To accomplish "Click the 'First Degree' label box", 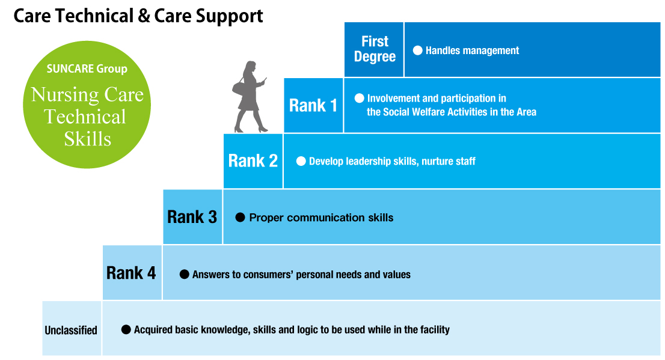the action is [x=374, y=49].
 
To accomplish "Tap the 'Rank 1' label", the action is [x=313, y=106].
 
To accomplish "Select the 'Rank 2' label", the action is [x=253, y=161].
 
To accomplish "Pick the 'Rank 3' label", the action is [x=192, y=217].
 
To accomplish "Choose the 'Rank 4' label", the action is [x=131, y=273].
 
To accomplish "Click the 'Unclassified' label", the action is [x=71, y=330].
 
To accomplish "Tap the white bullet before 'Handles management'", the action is [x=418, y=50].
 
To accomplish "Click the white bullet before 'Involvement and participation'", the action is [x=359, y=99].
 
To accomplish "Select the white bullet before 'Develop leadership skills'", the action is [x=301, y=161].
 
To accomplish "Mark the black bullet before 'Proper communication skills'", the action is [x=240, y=218].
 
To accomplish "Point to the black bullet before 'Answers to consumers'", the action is [x=184, y=274].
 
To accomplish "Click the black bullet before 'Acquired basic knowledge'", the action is [x=126, y=329].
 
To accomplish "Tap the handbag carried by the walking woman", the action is [x=238, y=88].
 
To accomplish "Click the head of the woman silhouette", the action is [x=250, y=67].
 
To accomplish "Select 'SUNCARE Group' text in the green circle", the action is [x=87, y=69].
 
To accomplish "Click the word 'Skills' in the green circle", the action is [x=88, y=139].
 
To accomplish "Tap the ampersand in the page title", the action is [x=144, y=16].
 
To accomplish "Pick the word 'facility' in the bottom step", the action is [x=434, y=330].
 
